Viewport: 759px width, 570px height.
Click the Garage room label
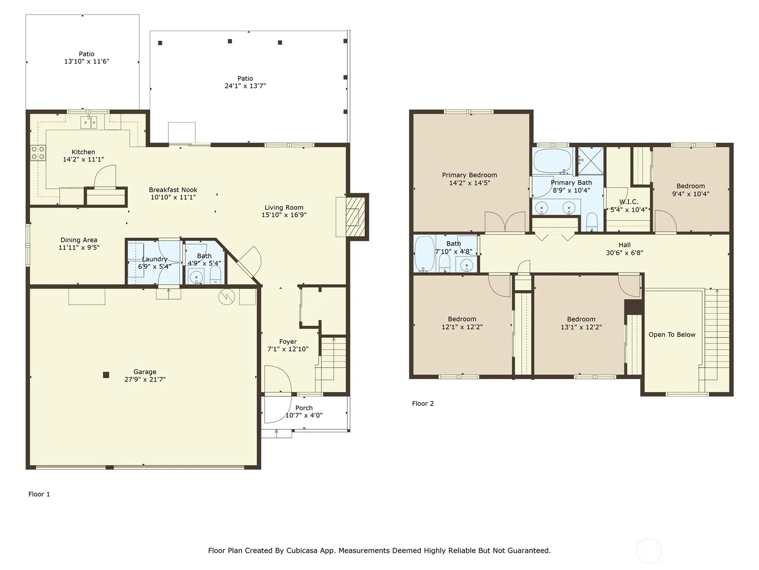(x=145, y=372)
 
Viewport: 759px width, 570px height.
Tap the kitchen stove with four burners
(x=38, y=153)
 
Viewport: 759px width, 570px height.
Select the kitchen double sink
(x=89, y=123)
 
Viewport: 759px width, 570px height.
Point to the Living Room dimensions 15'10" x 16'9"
(x=284, y=215)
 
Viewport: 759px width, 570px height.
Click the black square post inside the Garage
(x=106, y=375)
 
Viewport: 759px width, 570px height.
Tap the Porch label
(x=304, y=408)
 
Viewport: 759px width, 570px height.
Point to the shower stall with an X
(x=591, y=161)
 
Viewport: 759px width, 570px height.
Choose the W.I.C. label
(x=629, y=202)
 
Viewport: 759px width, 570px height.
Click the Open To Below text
(x=672, y=335)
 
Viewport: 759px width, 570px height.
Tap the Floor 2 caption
(x=423, y=404)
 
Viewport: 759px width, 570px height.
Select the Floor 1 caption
(x=39, y=494)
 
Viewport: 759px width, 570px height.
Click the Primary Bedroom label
(x=470, y=175)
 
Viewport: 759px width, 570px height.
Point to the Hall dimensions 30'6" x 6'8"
(x=624, y=253)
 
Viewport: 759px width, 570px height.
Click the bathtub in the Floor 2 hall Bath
(x=424, y=254)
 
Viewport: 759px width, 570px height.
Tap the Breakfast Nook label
(x=173, y=190)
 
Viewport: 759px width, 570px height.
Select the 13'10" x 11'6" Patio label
(x=86, y=61)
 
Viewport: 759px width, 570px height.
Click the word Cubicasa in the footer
(x=302, y=550)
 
